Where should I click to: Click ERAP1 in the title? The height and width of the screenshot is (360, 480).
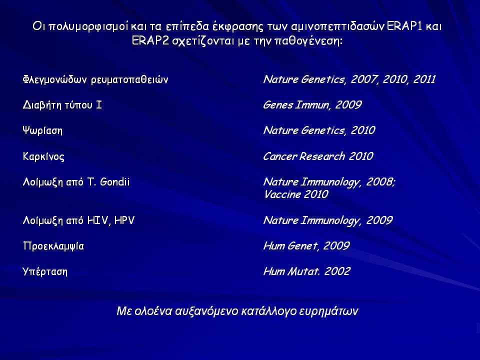[x=404, y=26]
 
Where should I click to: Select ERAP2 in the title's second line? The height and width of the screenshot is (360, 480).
[x=150, y=40]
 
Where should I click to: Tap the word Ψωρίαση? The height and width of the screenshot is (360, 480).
[x=42, y=130]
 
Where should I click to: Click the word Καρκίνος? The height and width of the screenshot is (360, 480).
[x=43, y=156]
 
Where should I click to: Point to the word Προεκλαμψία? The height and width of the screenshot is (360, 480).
[x=53, y=246]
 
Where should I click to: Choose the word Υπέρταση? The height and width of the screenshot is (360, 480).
[x=45, y=271]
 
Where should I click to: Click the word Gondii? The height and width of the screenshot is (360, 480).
[x=115, y=182]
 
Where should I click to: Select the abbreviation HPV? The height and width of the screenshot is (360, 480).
[x=124, y=220]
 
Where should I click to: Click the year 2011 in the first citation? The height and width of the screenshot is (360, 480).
[x=424, y=79]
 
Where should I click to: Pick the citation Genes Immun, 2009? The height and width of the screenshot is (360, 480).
[x=312, y=105]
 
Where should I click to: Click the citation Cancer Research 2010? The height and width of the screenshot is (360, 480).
[x=318, y=156]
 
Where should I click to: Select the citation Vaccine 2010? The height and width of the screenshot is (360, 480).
[x=296, y=194]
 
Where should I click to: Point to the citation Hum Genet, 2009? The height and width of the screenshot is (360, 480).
[x=306, y=246]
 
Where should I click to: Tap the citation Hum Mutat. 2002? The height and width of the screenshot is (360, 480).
[x=306, y=271]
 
